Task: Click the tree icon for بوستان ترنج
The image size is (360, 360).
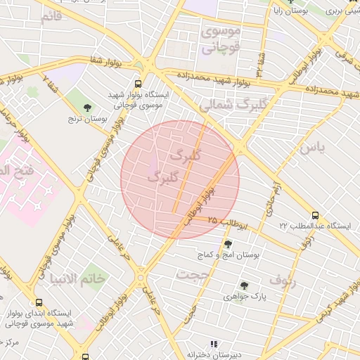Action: (86, 108)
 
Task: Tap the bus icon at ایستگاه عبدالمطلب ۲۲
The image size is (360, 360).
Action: (314, 216)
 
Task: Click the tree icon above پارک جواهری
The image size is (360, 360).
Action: (243, 285)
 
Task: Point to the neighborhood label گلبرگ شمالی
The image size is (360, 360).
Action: (225, 105)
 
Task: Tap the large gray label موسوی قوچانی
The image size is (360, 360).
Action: (221, 40)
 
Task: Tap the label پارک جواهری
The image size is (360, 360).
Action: (243, 297)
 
